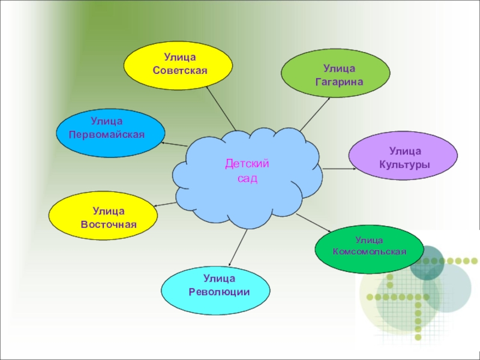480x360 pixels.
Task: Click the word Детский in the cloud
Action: coord(247,163)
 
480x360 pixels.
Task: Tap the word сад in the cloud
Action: coord(247,178)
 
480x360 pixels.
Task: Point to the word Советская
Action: coord(179,70)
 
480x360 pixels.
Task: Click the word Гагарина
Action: coord(339,80)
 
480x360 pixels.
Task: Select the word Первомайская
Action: coord(107,134)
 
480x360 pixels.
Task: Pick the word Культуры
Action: coord(404,164)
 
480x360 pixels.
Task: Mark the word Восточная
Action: coord(109,224)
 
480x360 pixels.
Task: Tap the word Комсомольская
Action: coord(370,251)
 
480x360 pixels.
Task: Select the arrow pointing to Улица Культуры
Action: coord(339,169)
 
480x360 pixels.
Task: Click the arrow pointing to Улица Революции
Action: coord(239,248)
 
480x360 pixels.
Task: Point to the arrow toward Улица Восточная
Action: coord(166,205)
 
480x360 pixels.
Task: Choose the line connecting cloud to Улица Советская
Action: coord(220,108)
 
